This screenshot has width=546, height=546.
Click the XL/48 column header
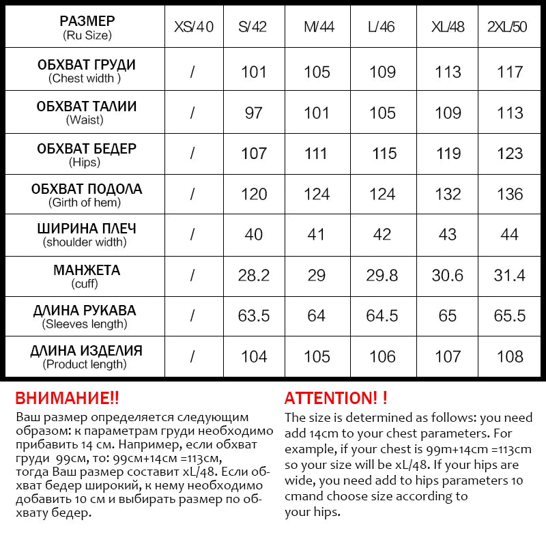pos(448,27)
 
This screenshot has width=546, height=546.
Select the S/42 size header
pos(253,27)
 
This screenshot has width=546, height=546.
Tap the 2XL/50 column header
pos(511,27)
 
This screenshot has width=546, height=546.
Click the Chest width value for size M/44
pos(317,72)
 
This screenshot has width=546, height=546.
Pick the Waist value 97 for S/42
pos(253,113)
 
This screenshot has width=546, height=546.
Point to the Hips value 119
pos(448,154)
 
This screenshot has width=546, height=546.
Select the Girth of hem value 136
pos(511,194)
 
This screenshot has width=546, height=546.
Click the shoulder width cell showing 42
pos(382,234)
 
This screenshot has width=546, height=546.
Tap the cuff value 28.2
pos(253,275)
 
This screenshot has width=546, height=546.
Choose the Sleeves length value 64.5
pos(382,316)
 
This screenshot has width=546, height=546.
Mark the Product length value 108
pos(511,356)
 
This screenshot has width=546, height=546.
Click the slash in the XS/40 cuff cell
pos(192,275)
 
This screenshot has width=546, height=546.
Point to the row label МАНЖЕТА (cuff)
pos(86,275)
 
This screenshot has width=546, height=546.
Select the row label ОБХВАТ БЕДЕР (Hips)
pos(86,154)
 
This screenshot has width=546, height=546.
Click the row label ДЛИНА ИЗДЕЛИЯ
pos(86,356)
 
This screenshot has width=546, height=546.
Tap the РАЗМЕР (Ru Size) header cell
pos(86,27)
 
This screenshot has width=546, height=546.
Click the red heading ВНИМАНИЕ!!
pos(67,399)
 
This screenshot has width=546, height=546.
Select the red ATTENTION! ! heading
pos(336,399)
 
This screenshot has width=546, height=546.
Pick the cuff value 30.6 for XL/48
pos(448,275)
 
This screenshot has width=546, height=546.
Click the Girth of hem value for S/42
pos(253,194)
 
